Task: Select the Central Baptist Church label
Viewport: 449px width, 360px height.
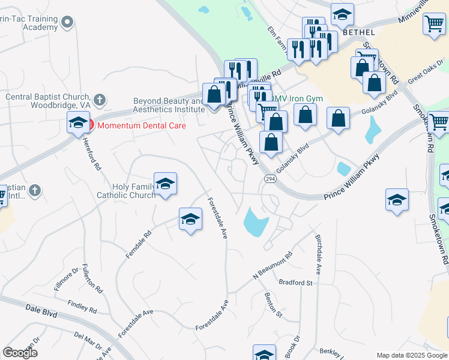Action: click(x=47, y=100)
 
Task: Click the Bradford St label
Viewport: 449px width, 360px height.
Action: click(x=296, y=282)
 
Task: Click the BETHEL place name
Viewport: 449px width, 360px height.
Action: click(x=360, y=32)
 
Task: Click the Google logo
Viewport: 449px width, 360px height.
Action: click(x=20, y=353)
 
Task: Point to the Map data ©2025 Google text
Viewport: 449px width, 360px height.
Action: click(x=412, y=355)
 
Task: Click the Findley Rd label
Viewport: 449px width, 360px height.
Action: click(x=82, y=307)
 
